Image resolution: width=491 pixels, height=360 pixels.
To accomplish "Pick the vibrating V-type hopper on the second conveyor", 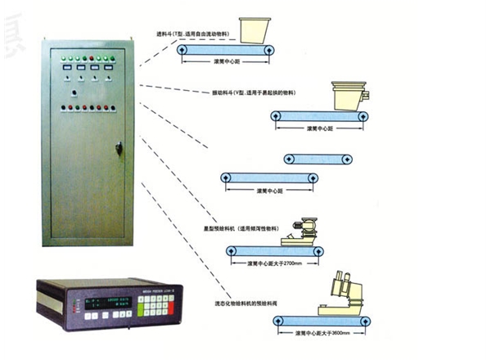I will (x=349, y=96).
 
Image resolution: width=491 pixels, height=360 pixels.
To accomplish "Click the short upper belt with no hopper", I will (x=318, y=158).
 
